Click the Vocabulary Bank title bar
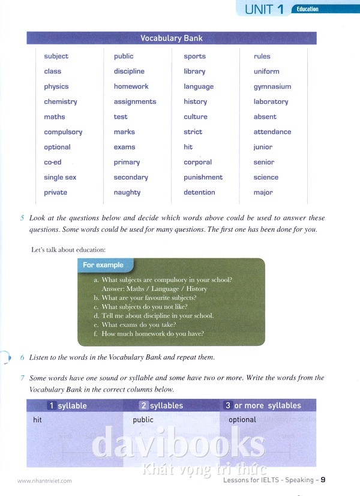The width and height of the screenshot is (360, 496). click(x=172, y=38)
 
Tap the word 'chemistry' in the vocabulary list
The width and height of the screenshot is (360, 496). click(x=61, y=102)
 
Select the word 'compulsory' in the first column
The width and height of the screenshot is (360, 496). click(x=63, y=132)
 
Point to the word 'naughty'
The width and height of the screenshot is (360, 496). click(x=127, y=193)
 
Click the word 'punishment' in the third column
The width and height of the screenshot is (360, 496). click(x=203, y=178)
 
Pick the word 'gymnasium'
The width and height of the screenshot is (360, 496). click(x=272, y=87)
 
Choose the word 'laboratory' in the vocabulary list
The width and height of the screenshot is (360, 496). click(x=271, y=102)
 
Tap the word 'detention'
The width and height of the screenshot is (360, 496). click(x=199, y=193)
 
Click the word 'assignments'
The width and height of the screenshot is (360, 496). click(x=135, y=102)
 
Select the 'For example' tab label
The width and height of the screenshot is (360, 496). click(x=103, y=265)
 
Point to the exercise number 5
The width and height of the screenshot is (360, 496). click(x=22, y=218)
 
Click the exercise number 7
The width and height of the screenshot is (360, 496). click(x=22, y=378)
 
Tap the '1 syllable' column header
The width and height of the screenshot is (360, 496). click(x=67, y=406)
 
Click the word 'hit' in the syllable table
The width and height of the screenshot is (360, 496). click(x=38, y=420)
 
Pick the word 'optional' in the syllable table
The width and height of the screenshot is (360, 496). click(x=242, y=420)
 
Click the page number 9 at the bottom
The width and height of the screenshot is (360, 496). click(x=323, y=480)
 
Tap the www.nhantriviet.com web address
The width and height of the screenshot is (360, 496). click(x=44, y=481)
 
